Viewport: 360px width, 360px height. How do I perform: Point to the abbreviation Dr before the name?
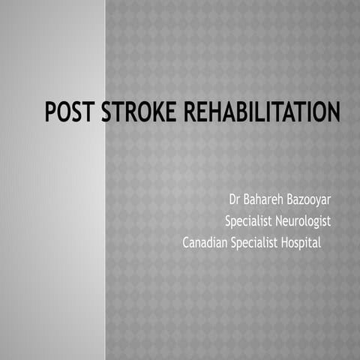[x=235, y=201]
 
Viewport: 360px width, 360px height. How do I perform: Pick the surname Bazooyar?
[x=309, y=201]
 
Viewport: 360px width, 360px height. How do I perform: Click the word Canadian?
[x=205, y=243]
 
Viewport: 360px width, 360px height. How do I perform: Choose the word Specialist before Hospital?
[x=258, y=243]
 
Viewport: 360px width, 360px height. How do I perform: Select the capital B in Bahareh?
[x=247, y=201]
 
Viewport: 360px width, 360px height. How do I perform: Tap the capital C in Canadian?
[x=186, y=243]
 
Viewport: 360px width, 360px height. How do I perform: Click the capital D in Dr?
[x=232, y=201]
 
